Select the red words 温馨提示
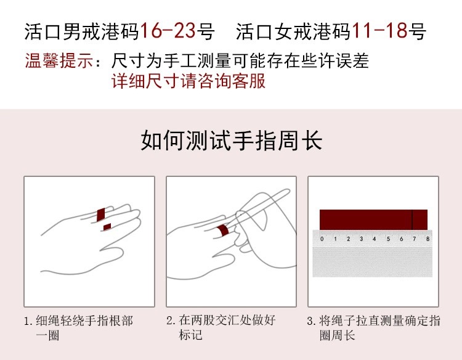point(59,62)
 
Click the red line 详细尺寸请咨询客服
point(188,81)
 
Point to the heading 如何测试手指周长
point(231,141)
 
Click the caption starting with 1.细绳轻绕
point(78,328)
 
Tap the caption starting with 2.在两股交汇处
point(222,328)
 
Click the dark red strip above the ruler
point(373,219)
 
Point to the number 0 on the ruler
point(322,239)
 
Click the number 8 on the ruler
point(428,239)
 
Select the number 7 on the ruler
point(414,239)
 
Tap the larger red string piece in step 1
point(101,214)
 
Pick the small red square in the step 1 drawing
point(107,227)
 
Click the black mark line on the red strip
point(412,219)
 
